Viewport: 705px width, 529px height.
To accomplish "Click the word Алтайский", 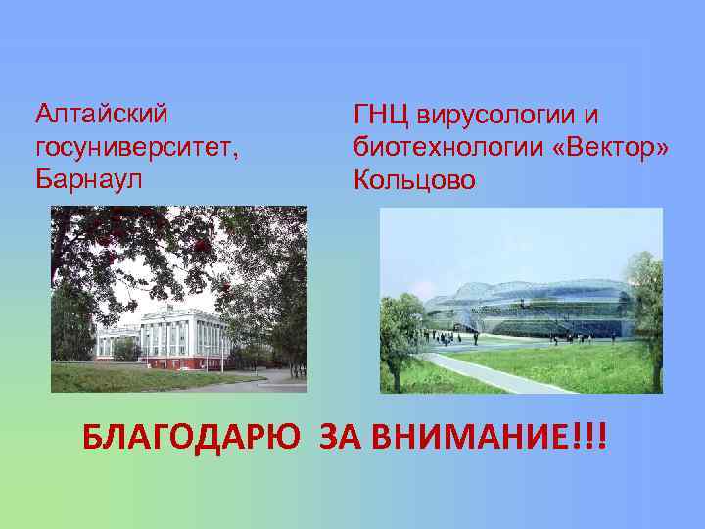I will tap(101, 114).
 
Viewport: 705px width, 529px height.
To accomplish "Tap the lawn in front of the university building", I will tap(147, 379).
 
